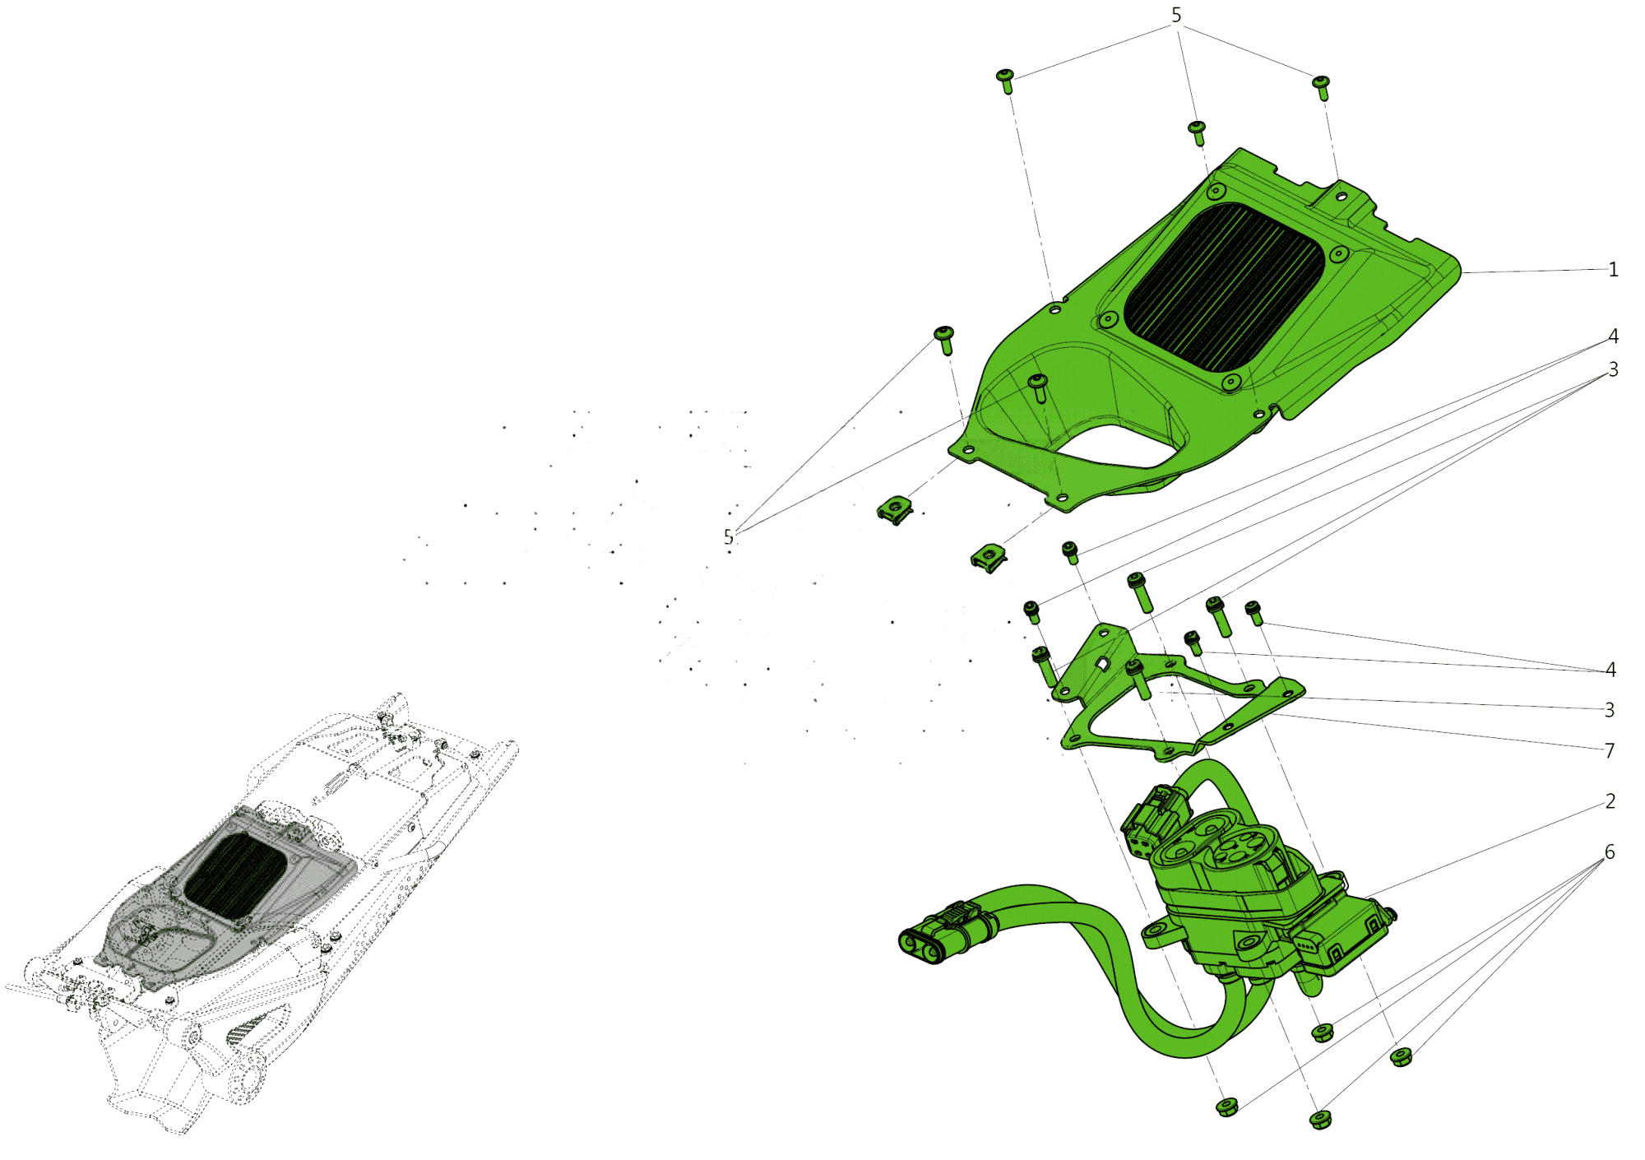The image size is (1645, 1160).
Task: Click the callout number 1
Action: coord(1613,270)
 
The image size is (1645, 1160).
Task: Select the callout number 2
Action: coord(1610,801)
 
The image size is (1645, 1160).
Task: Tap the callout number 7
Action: coord(1610,750)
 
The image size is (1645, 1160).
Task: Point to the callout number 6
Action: coord(1610,852)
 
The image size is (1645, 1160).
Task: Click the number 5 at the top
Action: coord(1176,16)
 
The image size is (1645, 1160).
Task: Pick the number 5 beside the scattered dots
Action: coord(728,537)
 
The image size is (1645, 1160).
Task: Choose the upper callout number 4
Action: coord(1613,336)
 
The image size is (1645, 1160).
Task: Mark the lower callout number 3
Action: coord(1610,709)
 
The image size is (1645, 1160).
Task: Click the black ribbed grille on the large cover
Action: coord(1223,286)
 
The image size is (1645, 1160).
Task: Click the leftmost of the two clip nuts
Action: coord(895,511)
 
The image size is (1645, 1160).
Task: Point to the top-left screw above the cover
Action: coord(1005,80)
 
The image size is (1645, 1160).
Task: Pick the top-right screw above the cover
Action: coord(1322,86)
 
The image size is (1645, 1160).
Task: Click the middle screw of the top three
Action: coord(1198,131)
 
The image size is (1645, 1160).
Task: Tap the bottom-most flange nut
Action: coord(1320,1119)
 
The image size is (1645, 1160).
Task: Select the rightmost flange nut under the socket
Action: coord(1401,1056)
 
